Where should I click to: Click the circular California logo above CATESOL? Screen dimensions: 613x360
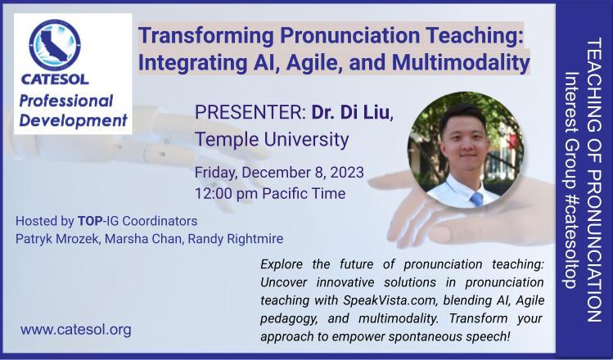[55, 45]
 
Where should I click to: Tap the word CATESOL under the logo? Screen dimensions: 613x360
[55, 79]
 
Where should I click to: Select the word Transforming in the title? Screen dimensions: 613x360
[206, 35]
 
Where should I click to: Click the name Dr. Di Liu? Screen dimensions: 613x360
[352, 113]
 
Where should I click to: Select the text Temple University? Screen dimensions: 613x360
[272, 139]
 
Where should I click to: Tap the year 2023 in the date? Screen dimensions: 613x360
[347, 173]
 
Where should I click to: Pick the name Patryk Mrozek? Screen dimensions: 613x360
[57, 239]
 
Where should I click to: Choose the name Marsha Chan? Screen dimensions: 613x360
[143, 239]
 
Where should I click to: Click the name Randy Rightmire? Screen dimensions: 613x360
[236, 239]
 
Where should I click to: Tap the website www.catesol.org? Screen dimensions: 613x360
[76, 330]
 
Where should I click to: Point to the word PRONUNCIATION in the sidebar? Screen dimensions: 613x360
[594, 245]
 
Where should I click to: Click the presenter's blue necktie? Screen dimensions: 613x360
[476, 199]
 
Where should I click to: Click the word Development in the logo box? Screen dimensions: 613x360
[74, 120]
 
